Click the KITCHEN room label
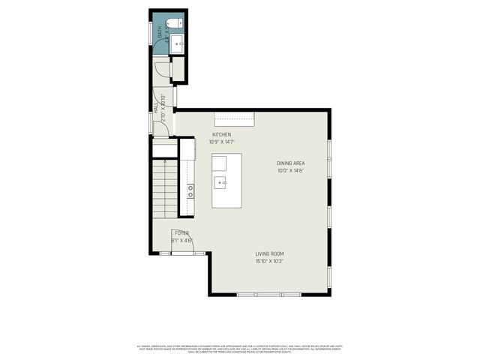(221, 134)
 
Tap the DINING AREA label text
(291, 163)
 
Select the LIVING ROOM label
(269, 253)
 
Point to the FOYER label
(181, 233)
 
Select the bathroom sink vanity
(178, 44)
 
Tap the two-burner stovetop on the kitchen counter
(191, 191)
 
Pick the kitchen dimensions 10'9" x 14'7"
(221, 142)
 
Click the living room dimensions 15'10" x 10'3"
(269, 261)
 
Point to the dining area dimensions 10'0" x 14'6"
(291, 170)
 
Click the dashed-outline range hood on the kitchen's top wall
(234, 118)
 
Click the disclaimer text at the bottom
(239, 348)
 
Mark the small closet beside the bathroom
(178, 69)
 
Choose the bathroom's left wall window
(151, 32)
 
